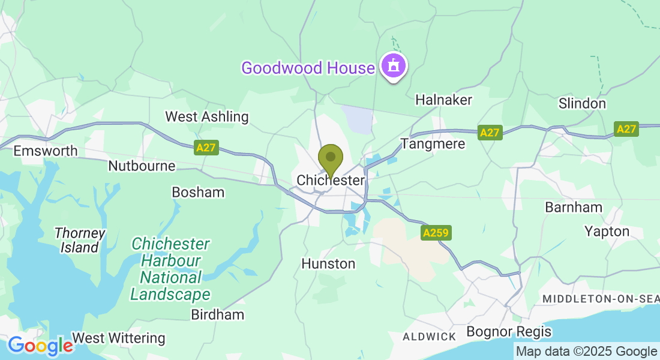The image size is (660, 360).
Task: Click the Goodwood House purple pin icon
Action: coord(393,65)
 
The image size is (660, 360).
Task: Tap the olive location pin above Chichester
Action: coord(330,159)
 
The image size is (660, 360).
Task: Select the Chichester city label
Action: coord(331,180)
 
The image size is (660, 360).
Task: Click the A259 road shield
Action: coord(436,233)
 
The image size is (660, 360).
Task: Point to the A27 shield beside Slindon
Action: coord(626,129)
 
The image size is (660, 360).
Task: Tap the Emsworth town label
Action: coord(46,150)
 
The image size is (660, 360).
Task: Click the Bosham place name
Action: coord(198,192)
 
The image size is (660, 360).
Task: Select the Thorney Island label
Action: coord(80,240)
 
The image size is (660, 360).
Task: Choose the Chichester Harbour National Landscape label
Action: coord(170,269)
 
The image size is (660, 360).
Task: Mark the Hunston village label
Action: coord(328,263)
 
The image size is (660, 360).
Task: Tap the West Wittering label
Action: coord(118,338)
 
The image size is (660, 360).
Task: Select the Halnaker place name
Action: coord(444,100)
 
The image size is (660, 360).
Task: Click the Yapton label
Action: coord(607,231)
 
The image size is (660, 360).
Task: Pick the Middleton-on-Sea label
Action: coord(601,299)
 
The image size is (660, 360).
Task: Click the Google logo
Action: coord(40,346)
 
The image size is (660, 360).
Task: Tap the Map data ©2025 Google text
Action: coord(587,351)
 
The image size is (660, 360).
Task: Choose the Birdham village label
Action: coord(217,314)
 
